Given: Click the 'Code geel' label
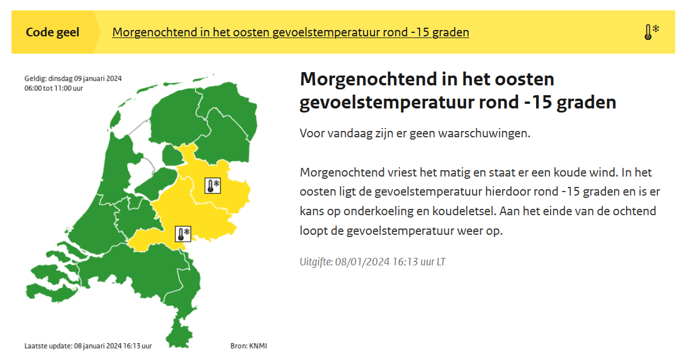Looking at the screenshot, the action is pyautogui.click(x=53, y=32).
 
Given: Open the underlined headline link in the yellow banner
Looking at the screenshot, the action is pyautogui.click(x=290, y=32).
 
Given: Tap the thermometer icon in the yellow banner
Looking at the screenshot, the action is pyautogui.click(x=652, y=32).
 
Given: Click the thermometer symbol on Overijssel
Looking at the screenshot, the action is pyautogui.click(x=213, y=186).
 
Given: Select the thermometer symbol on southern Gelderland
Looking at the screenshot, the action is pyautogui.click(x=183, y=234).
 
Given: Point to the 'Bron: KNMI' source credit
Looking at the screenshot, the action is pyautogui.click(x=249, y=346).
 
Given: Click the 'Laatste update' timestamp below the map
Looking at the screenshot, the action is pyautogui.click(x=88, y=346).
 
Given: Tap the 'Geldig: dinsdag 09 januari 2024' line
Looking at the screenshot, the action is pyautogui.click(x=73, y=78).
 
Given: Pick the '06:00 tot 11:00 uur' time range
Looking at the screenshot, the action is pyautogui.click(x=54, y=88).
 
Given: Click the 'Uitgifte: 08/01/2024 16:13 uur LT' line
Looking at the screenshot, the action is pyautogui.click(x=373, y=262).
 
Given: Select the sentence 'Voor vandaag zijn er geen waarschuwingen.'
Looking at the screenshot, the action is pyautogui.click(x=415, y=133).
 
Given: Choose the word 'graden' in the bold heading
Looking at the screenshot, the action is pyautogui.click(x=587, y=103).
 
